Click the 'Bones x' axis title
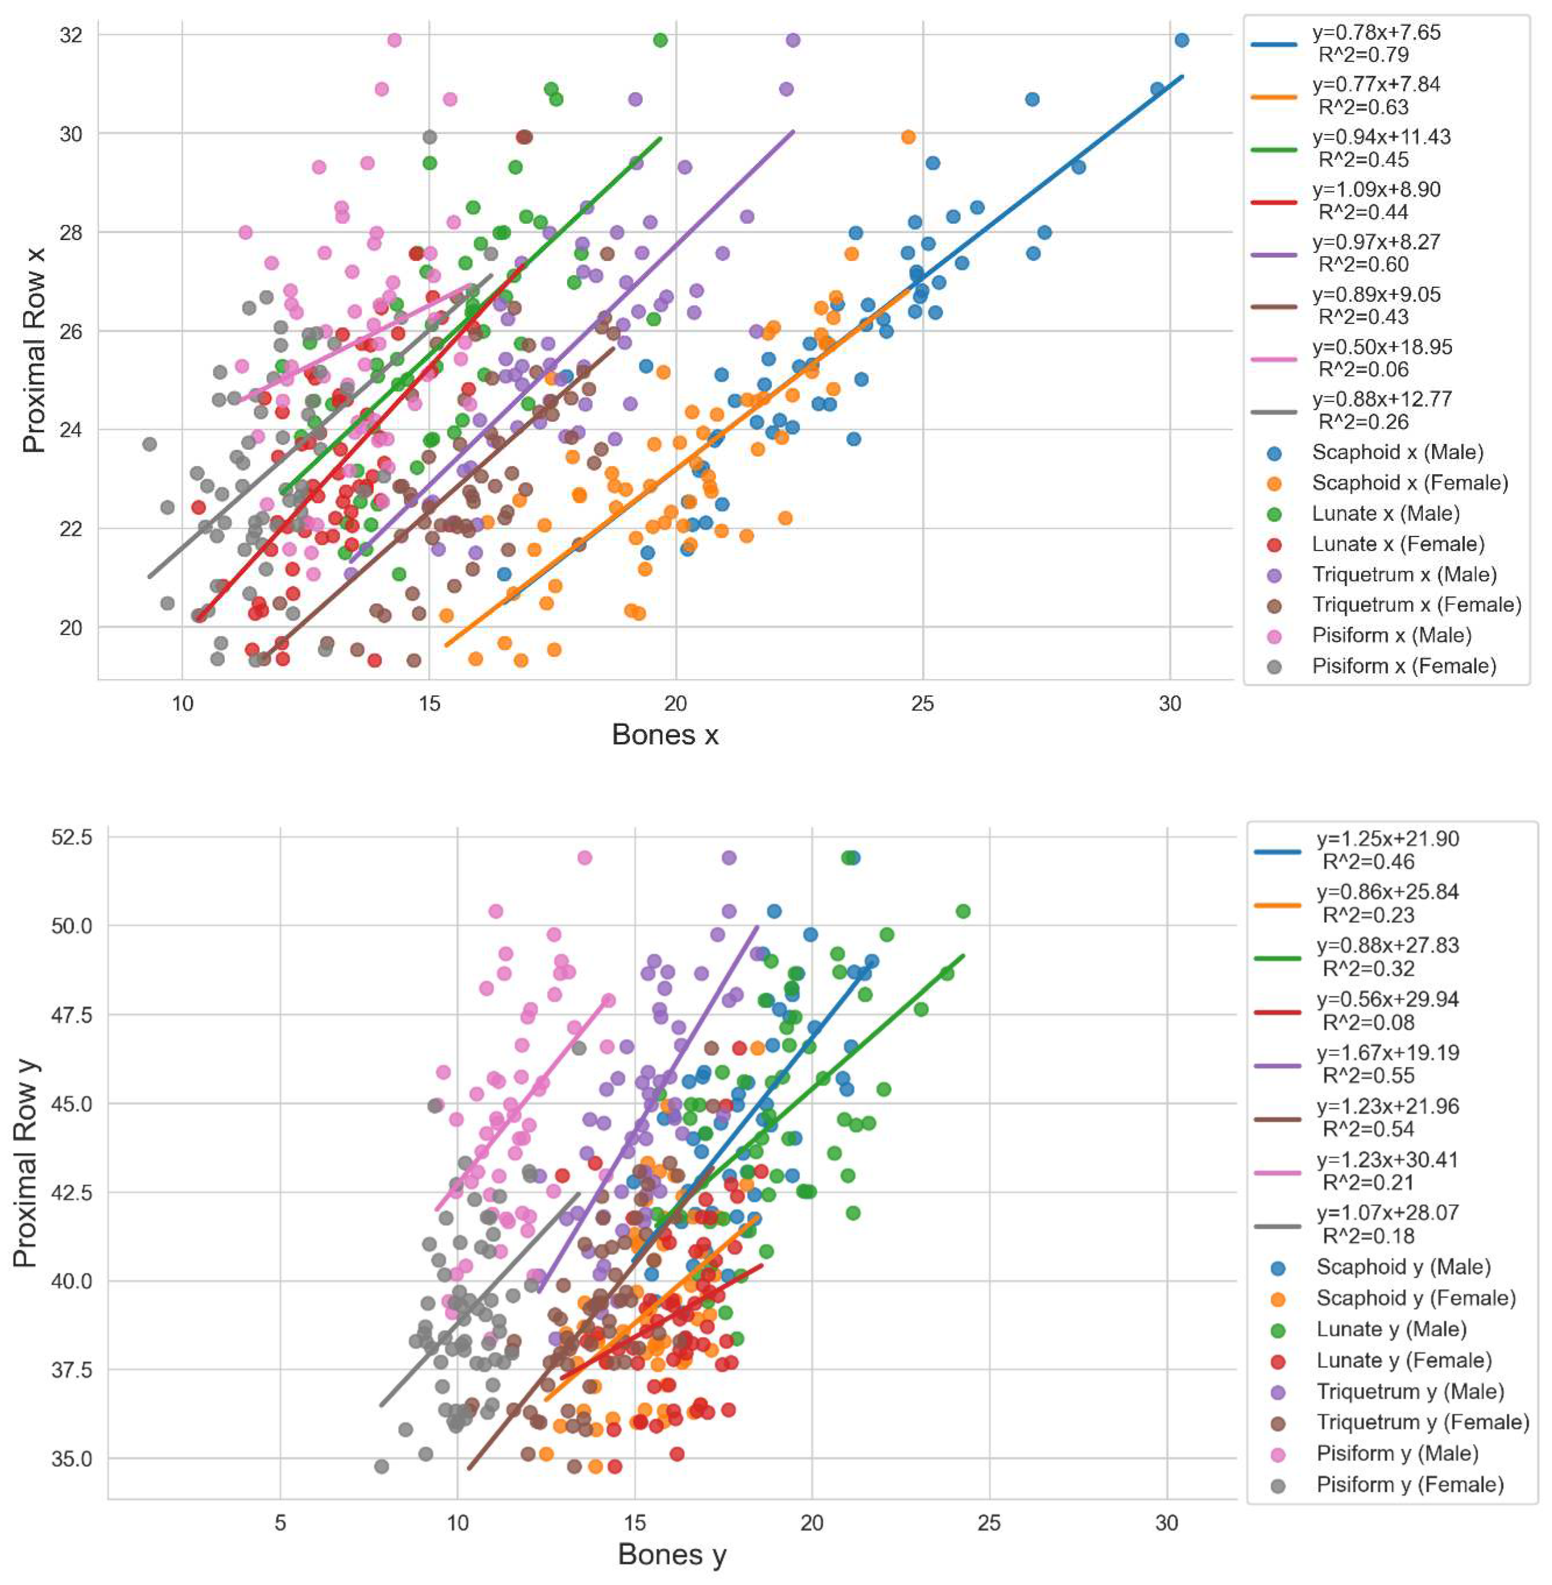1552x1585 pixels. [665, 735]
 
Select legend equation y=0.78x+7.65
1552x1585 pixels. [1376, 33]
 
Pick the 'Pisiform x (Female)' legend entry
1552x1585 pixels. [1404, 666]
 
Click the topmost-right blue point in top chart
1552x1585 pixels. [1181, 40]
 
